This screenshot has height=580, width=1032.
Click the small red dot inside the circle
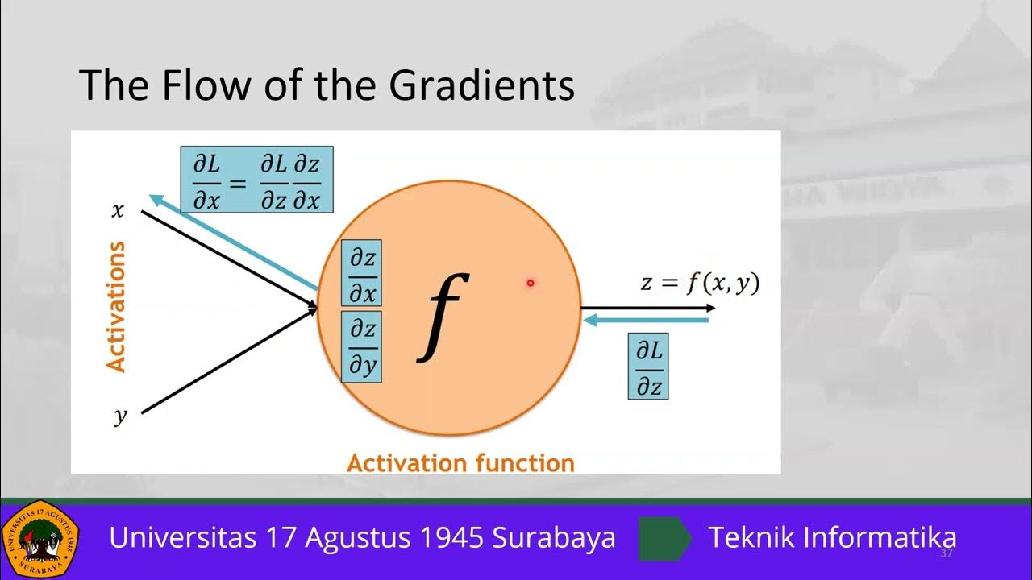(x=531, y=282)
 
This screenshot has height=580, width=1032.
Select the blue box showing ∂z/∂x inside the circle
(x=362, y=274)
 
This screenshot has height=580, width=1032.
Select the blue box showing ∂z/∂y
(x=362, y=346)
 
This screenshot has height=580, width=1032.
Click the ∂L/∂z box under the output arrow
(x=648, y=367)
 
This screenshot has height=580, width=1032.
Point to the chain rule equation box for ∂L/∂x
(x=257, y=179)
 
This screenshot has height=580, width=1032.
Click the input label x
(x=118, y=211)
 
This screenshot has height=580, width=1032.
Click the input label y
(x=120, y=416)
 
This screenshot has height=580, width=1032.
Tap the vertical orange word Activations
(x=117, y=306)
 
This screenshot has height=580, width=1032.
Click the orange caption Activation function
(x=460, y=463)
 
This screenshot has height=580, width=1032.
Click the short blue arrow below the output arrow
(x=645, y=321)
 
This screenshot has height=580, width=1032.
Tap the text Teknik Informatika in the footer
(x=832, y=537)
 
